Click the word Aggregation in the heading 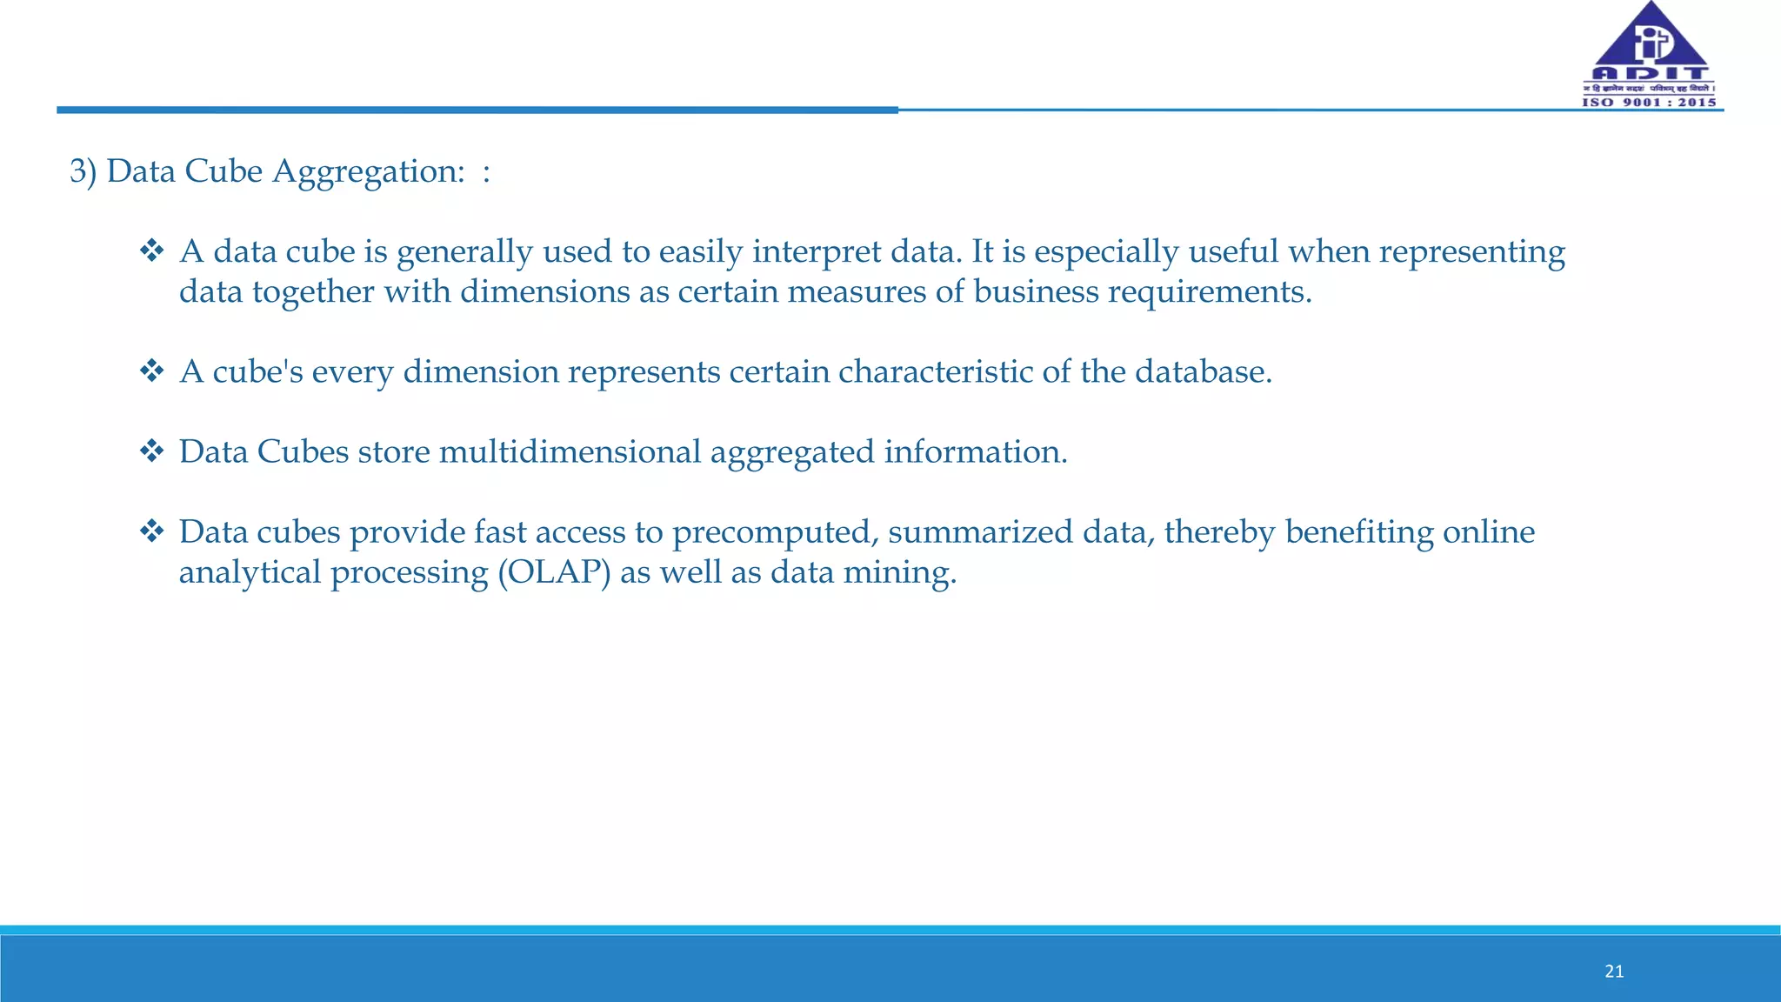pos(369,172)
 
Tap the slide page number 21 pos(1614,972)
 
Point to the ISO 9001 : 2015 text pos(1649,103)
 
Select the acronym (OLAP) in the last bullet pos(554,572)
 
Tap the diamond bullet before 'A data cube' pos(152,251)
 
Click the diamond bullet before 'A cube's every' pos(152,371)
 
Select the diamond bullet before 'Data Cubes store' pos(152,451)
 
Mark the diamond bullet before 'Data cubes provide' pos(152,531)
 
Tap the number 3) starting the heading pos(83,171)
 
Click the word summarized pos(979,532)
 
